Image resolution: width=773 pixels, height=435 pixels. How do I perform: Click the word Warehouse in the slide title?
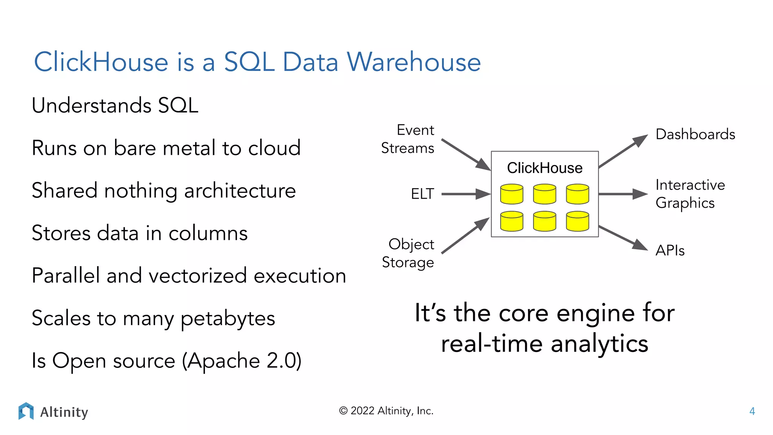(x=414, y=62)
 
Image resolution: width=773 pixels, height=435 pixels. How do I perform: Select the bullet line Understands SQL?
(x=115, y=105)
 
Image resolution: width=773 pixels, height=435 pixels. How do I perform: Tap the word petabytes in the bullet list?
(x=228, y=318)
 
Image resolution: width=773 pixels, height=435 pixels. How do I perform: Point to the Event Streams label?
(x=408, y=139)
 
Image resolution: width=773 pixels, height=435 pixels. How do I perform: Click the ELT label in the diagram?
(x=422, y=194)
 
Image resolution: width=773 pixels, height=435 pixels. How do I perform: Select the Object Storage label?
(x=408, y=253)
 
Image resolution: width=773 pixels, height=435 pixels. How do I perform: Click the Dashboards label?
(x=695, y=134)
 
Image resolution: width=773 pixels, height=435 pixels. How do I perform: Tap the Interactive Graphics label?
(x=690, y=194)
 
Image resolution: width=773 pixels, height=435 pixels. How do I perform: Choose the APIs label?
(x=670, y=250)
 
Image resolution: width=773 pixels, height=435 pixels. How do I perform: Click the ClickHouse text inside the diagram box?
(x=544, y=168)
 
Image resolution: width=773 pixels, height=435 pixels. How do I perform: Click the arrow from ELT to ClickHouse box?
(x=465, y=194)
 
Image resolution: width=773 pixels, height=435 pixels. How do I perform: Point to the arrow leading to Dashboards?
(x=622, y=151)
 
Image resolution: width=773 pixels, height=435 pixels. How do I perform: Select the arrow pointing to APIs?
(x=622, y=238)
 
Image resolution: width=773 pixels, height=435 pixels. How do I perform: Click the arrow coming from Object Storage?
(x=465, y=236)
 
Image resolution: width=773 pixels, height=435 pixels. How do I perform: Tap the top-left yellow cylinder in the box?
(x=511, y=194)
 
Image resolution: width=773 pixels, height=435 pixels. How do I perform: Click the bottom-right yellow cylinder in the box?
(x=577, y=221)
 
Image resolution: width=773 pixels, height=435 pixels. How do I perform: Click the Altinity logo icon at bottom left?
(x=26, y=411)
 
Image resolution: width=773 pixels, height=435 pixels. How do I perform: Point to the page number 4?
(x=752, y=411)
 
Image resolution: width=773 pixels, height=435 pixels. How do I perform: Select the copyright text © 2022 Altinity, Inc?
(x=386, y=411)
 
